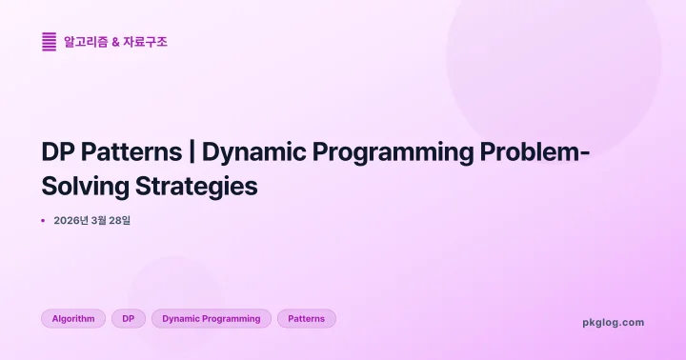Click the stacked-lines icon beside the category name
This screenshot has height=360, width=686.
[49, 41]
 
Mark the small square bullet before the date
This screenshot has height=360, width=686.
[43, 221]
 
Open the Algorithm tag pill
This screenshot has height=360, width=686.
[73, 319]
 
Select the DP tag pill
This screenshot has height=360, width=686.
[129, 319]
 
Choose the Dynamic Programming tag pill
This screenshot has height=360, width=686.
[212, 319]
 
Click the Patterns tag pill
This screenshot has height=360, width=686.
[307, 319]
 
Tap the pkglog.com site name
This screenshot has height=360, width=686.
[613, 322]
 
